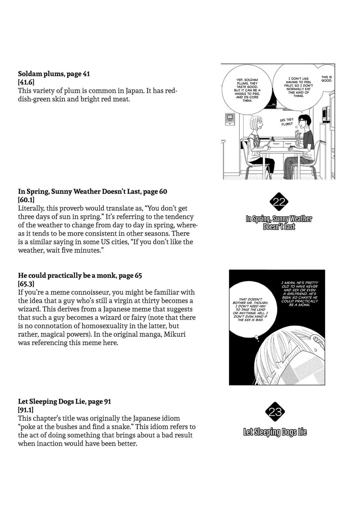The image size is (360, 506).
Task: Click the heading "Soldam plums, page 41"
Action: tap(54, 74)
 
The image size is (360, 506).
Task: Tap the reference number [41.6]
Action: tap(26, 82)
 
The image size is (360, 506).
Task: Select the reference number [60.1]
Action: tap(26, 200)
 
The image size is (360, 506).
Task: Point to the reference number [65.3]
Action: tap(26, 284)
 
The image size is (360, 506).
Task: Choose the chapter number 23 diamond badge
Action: tap(275, 412)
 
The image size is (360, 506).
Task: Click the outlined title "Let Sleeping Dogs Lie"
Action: tap(275, 432)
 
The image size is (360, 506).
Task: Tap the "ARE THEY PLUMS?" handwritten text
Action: tap(286, 122)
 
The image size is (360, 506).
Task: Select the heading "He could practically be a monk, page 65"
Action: tap(80, 276)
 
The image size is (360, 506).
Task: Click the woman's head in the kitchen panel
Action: tap(257, 124)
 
